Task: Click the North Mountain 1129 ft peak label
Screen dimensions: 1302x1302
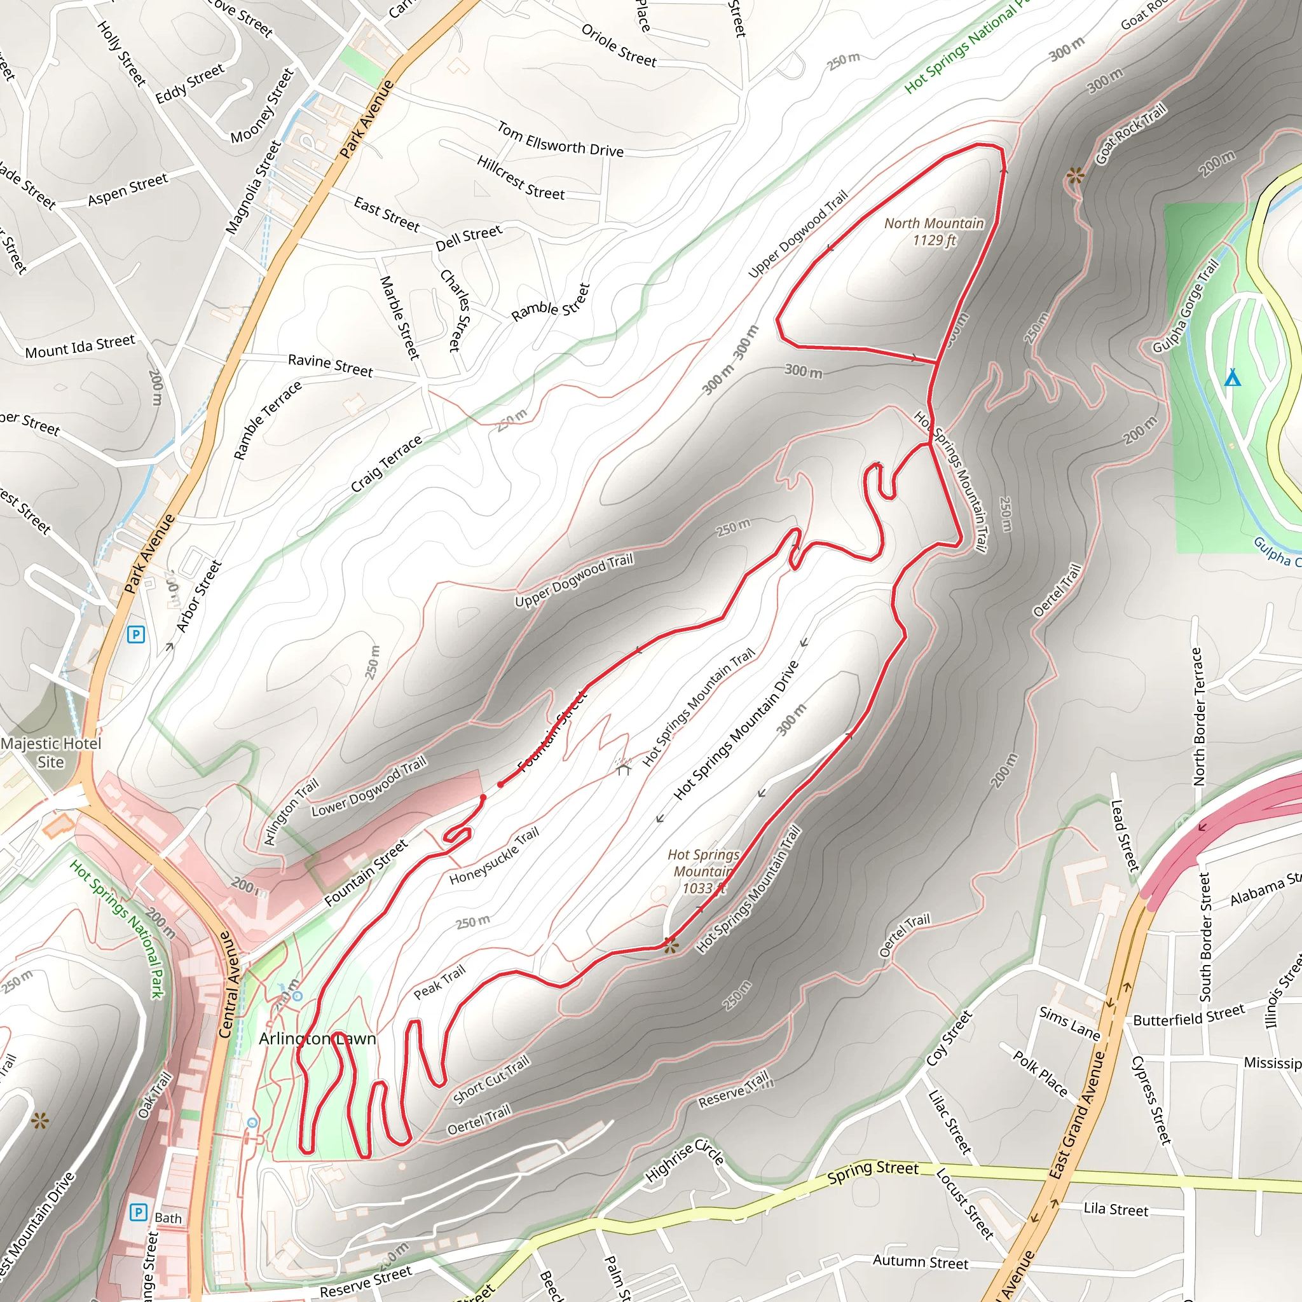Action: (933, 232)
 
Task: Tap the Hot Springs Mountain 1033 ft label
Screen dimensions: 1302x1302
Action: (703, 872)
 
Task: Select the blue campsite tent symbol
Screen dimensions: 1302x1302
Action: (1233, 377)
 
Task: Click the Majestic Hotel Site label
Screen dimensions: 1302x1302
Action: (51, 753)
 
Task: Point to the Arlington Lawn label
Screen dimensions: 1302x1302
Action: (317, 1039)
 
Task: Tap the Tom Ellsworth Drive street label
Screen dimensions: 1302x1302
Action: (561, 139)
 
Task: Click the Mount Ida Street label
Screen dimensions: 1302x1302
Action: (80, 347)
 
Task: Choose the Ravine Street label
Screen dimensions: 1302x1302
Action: (330, 364)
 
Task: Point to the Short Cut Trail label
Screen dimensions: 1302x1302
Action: (491, 1080)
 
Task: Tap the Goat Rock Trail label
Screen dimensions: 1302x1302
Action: (1130, 134)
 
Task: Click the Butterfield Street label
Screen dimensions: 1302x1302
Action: (1189, 1015)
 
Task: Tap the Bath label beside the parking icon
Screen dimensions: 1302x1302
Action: (168, 1217)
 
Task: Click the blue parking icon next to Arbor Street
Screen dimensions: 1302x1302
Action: (136, 634)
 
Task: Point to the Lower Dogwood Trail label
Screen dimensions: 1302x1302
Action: (369, 786)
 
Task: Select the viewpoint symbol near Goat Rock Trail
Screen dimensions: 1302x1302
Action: (1076, 177)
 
